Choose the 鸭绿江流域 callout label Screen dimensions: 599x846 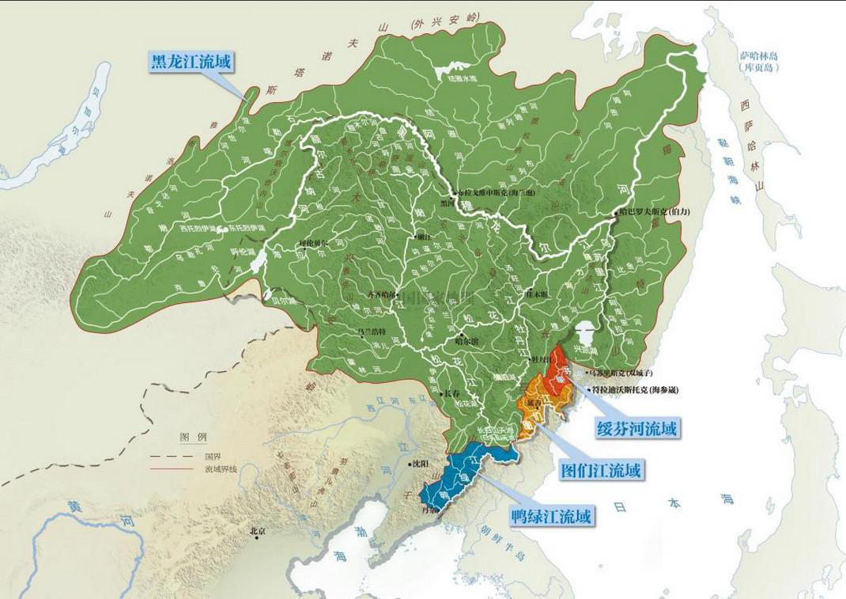point(550,517)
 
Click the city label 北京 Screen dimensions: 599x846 point(258,531)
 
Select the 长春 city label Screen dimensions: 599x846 point(448,393)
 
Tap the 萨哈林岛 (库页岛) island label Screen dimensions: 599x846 point(759,62)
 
